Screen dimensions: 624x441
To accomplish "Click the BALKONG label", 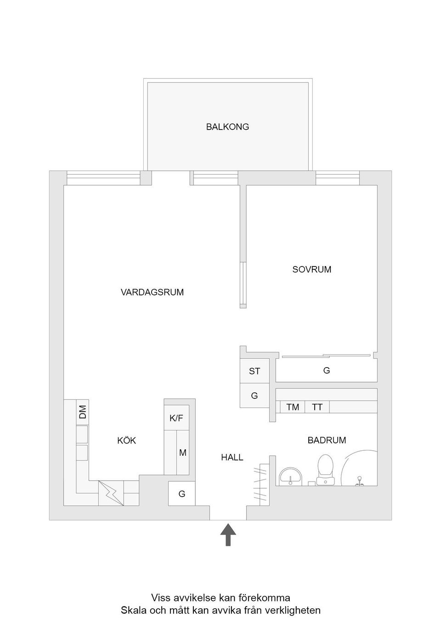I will click(x=227, y=127).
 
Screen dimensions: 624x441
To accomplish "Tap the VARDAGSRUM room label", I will click(x=152, y=292).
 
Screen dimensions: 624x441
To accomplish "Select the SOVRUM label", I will click(x=311, y=270).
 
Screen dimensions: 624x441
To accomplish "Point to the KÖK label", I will click(x=126, y=441).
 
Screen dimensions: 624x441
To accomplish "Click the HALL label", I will click(x=232, y=458).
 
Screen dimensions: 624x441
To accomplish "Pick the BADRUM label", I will click(x=327, y=440).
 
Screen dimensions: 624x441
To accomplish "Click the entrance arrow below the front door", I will click(x=228, y=535).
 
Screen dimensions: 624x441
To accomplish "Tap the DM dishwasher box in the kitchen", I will click(x=82, y=412).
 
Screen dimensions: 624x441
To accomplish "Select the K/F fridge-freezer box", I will click(x=176, y=419).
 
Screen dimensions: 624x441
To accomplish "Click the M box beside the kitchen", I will click(x=183, y=453).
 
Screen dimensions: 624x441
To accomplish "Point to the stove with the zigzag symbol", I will click(x=111, y=494).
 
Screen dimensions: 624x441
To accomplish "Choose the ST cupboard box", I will click(x=254, y=371).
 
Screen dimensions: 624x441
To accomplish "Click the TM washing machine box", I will click(x=293, y=407).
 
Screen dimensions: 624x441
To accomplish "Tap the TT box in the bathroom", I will click(x=317, y=407).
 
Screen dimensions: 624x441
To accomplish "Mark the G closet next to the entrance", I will click(x=182, y=494).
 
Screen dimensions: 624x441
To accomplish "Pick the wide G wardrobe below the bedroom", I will click(x=327, y=370).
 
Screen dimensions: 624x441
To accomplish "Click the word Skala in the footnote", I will click(x=132, y=611).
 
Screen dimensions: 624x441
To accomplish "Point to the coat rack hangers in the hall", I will click(x=260, y=484).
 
